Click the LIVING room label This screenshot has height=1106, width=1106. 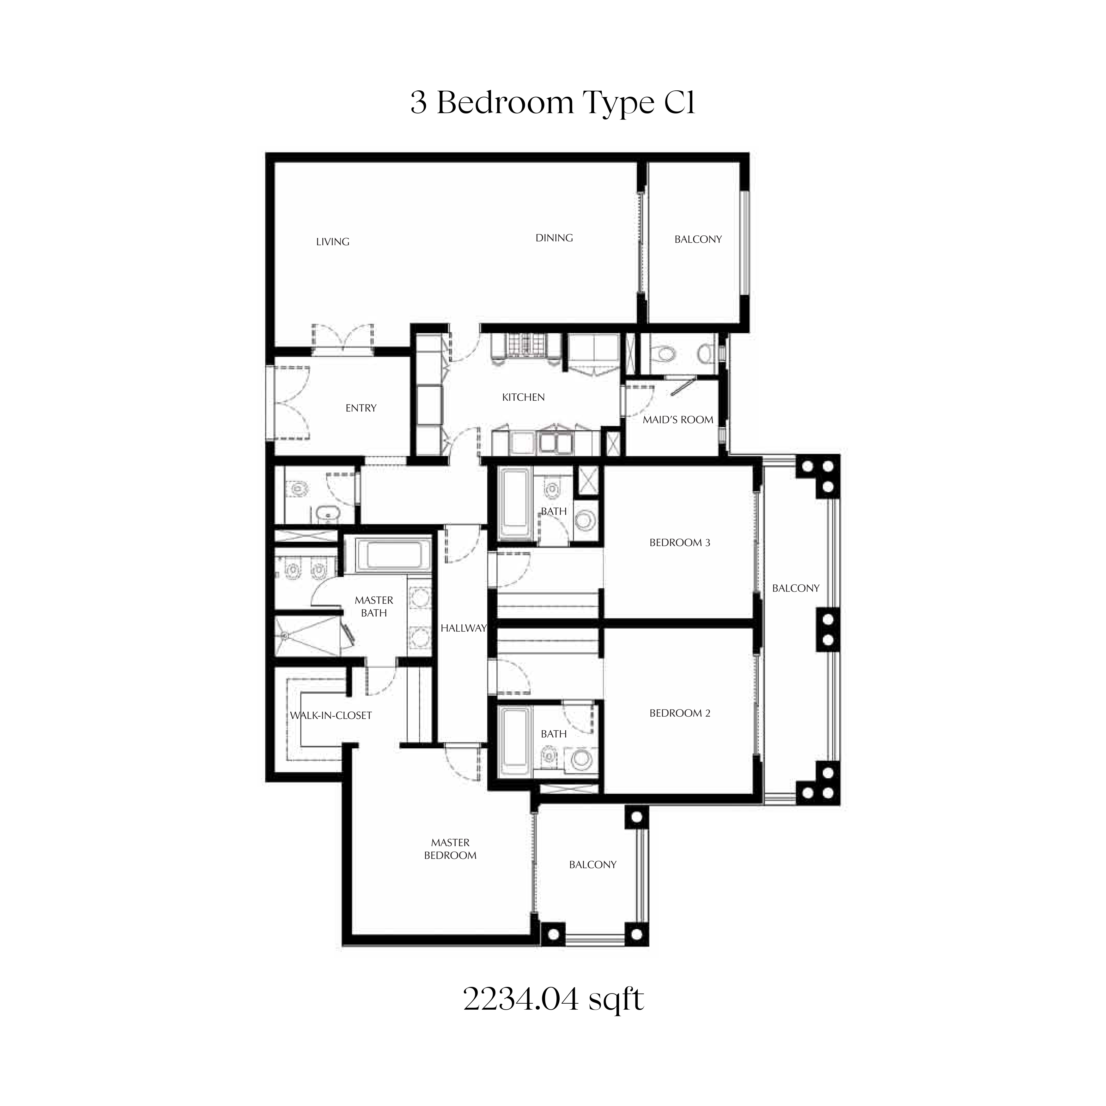[x=333, y=241]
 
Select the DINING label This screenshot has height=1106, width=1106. [x=554, y=238]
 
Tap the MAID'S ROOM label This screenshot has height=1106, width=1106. [x=678, y=420]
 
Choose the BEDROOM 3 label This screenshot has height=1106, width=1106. [x=679, y=543]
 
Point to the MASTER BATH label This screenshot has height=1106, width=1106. [x=374, y=606]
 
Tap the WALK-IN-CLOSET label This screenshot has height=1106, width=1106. [x=331, y=715]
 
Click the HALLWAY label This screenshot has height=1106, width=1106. [x=463, y=628]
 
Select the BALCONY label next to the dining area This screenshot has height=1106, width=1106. [x=698, y=239]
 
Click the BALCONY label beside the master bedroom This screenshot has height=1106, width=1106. [x=592, y=865]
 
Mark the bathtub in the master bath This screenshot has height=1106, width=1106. [x=393, y=555]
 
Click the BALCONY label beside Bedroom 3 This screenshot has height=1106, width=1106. [x=796, y=588]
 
